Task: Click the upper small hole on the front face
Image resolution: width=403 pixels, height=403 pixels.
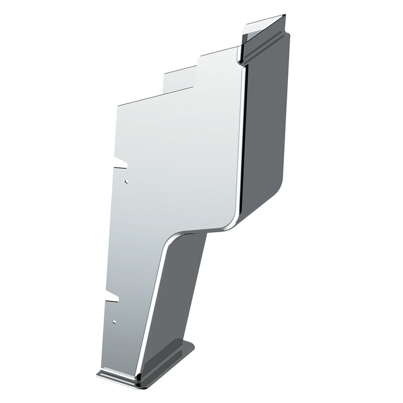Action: pyautogui.click(x=126, y=180)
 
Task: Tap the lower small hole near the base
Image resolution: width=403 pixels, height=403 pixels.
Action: pyautogui.click(x=115, y=321)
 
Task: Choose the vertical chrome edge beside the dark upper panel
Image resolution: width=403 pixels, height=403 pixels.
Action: pyautogui.click(x=243, y=141)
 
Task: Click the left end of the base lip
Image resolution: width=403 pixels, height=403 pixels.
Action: pyautogui.click(x=99, y=373)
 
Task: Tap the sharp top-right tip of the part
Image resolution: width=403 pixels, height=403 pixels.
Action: pyautogui.click(x=285, y=16)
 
